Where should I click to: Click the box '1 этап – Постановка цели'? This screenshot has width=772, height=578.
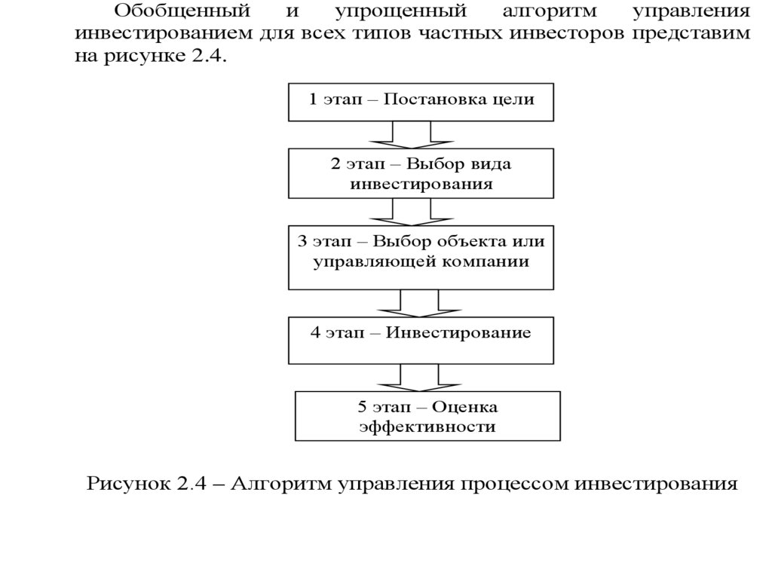coord(421,102)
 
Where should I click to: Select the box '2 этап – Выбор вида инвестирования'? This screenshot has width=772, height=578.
coord(421,173)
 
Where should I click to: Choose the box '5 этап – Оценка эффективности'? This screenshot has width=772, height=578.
coord(427,416)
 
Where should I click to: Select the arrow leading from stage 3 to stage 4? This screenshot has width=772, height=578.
coord(411,304)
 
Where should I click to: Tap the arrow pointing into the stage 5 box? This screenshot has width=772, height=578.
coord(411,377)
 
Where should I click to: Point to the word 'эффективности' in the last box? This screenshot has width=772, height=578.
coord(427,427)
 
